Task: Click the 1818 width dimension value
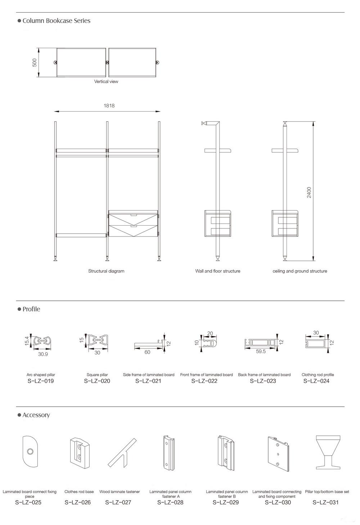tap(109, 106)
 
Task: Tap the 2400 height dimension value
tap(309, 192)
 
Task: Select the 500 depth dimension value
tap(35, 63)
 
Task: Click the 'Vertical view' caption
tap(106, 82)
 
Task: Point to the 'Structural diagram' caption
tap(106, 271)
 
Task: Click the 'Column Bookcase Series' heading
tap(56, 21)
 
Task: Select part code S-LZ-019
tap(41, 381)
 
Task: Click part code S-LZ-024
tap(316, 381)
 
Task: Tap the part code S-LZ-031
tap(325, 502)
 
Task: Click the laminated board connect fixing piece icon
tap(30, 451)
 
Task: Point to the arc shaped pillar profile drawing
tap(42, 340)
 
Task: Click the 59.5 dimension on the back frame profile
tap(261, 352)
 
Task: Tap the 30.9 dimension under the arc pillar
tap(43, 354)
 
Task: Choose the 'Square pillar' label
tap(97, 375)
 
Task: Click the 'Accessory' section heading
tap(36, 415)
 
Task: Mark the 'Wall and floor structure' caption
tap(217, 271)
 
